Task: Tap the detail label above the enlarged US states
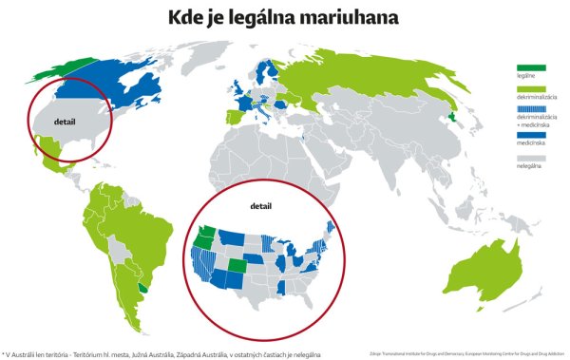(259, 204)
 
